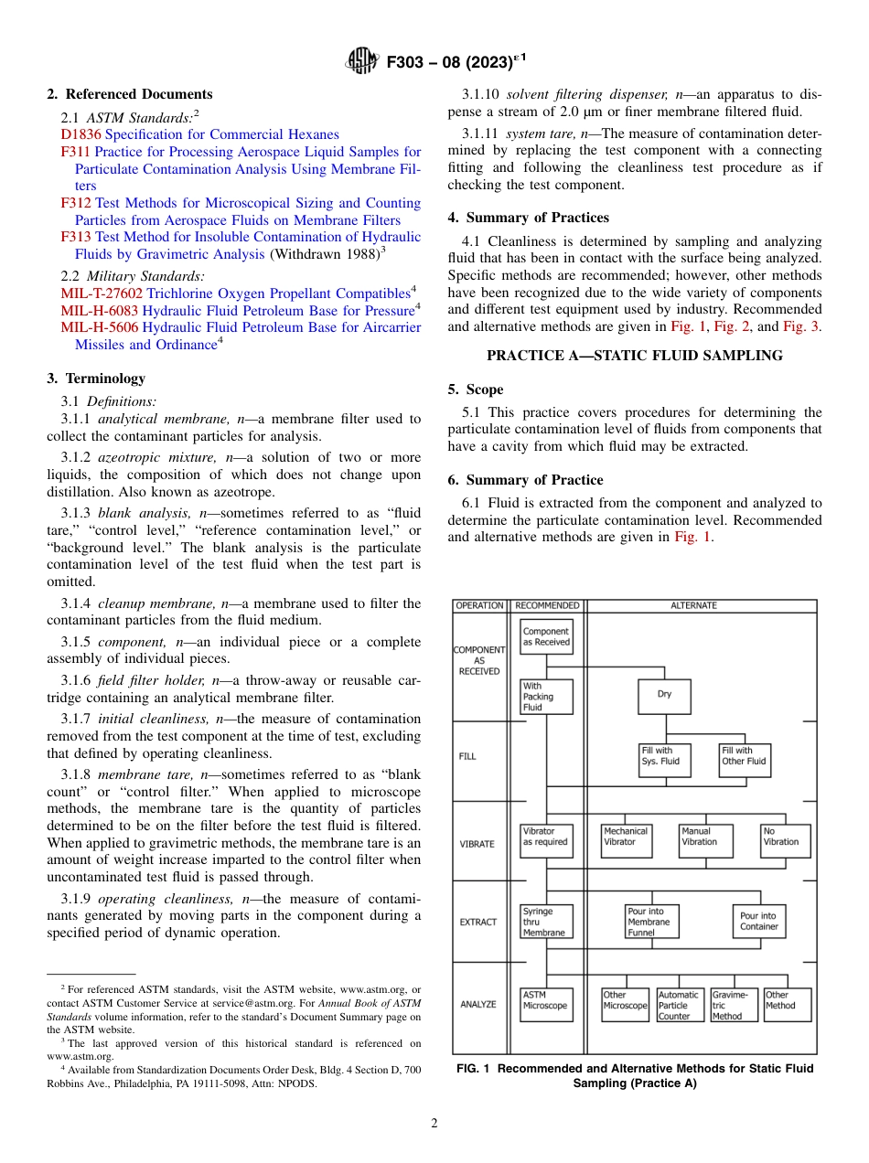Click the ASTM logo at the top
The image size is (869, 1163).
click(x=364, y=63)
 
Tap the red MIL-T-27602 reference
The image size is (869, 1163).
click(x=102, y=293)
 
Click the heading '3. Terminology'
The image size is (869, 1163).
click(x=95, y=379)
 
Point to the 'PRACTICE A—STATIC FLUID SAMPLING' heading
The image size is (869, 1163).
click(x=634, y=356)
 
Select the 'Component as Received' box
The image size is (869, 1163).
click(x=546, y=637)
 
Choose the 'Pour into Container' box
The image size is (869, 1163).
click(x=758, y=922)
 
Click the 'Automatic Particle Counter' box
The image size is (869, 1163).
click(x=679, y=1005)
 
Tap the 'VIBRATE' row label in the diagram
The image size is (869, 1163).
click(x=477, y=844)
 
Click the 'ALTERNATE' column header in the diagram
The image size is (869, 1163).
click(x=693, y=605)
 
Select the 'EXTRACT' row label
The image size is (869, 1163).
click(x=477, y=922)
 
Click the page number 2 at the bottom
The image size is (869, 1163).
click(x=434, y=1124)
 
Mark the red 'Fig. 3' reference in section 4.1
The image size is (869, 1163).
click(x=801, y=326)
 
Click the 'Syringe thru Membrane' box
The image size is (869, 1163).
click(x=546, y=922)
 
